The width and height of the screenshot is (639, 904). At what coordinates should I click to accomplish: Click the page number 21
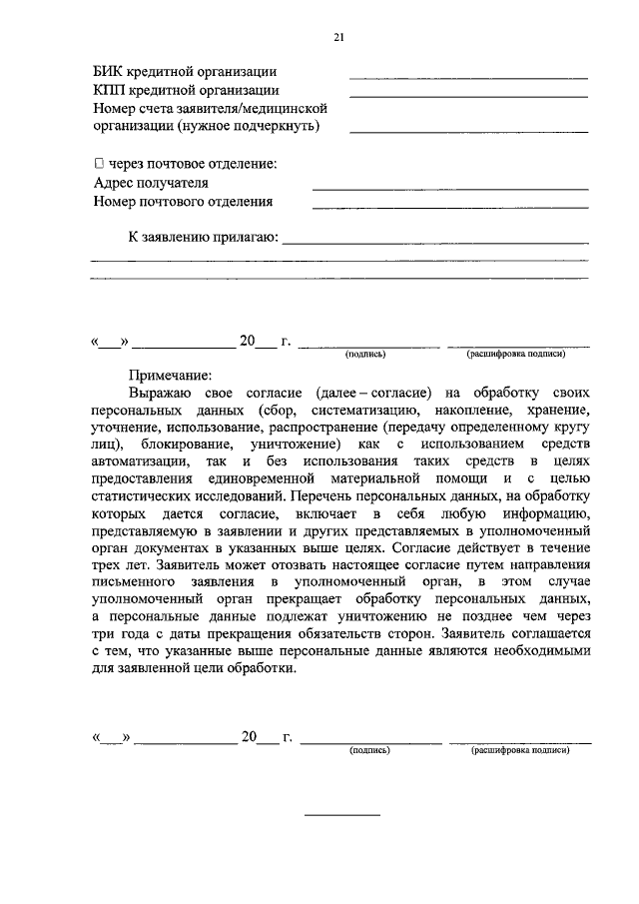[338, 37]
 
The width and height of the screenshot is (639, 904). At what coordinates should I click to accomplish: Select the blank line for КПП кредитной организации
[467, 96]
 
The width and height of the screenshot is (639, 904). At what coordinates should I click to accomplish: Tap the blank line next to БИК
[467, 77]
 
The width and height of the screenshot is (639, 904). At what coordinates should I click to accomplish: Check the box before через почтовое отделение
[98, 164]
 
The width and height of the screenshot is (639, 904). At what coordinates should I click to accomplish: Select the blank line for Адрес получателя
[449, 188]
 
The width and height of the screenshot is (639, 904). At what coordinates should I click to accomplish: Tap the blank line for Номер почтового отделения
[449, 207]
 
